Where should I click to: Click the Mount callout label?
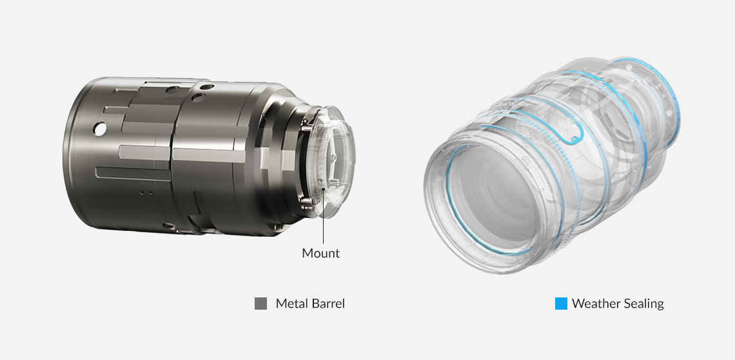click(320, 253)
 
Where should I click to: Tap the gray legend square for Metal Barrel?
click(260, 304)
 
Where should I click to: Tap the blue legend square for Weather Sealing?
click(561, 304)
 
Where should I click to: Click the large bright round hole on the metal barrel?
click(99, 129)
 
